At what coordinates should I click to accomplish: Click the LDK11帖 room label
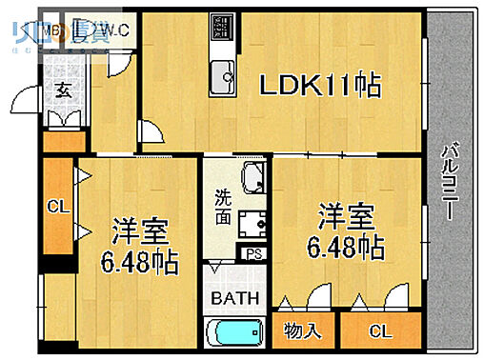pyautogui.click(x=321, y=86)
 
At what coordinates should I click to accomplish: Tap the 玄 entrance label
pyautogui.click(x=62, y=90)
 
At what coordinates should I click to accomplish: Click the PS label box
pyautogui.click(x=253, y=253)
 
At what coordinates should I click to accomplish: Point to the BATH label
pyautogui.click(x=234, y=299)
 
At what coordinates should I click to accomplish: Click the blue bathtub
pyautogui.click(x=233, y=334)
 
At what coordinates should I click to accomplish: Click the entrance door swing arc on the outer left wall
pyautogui.click(x=24, y=99)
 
